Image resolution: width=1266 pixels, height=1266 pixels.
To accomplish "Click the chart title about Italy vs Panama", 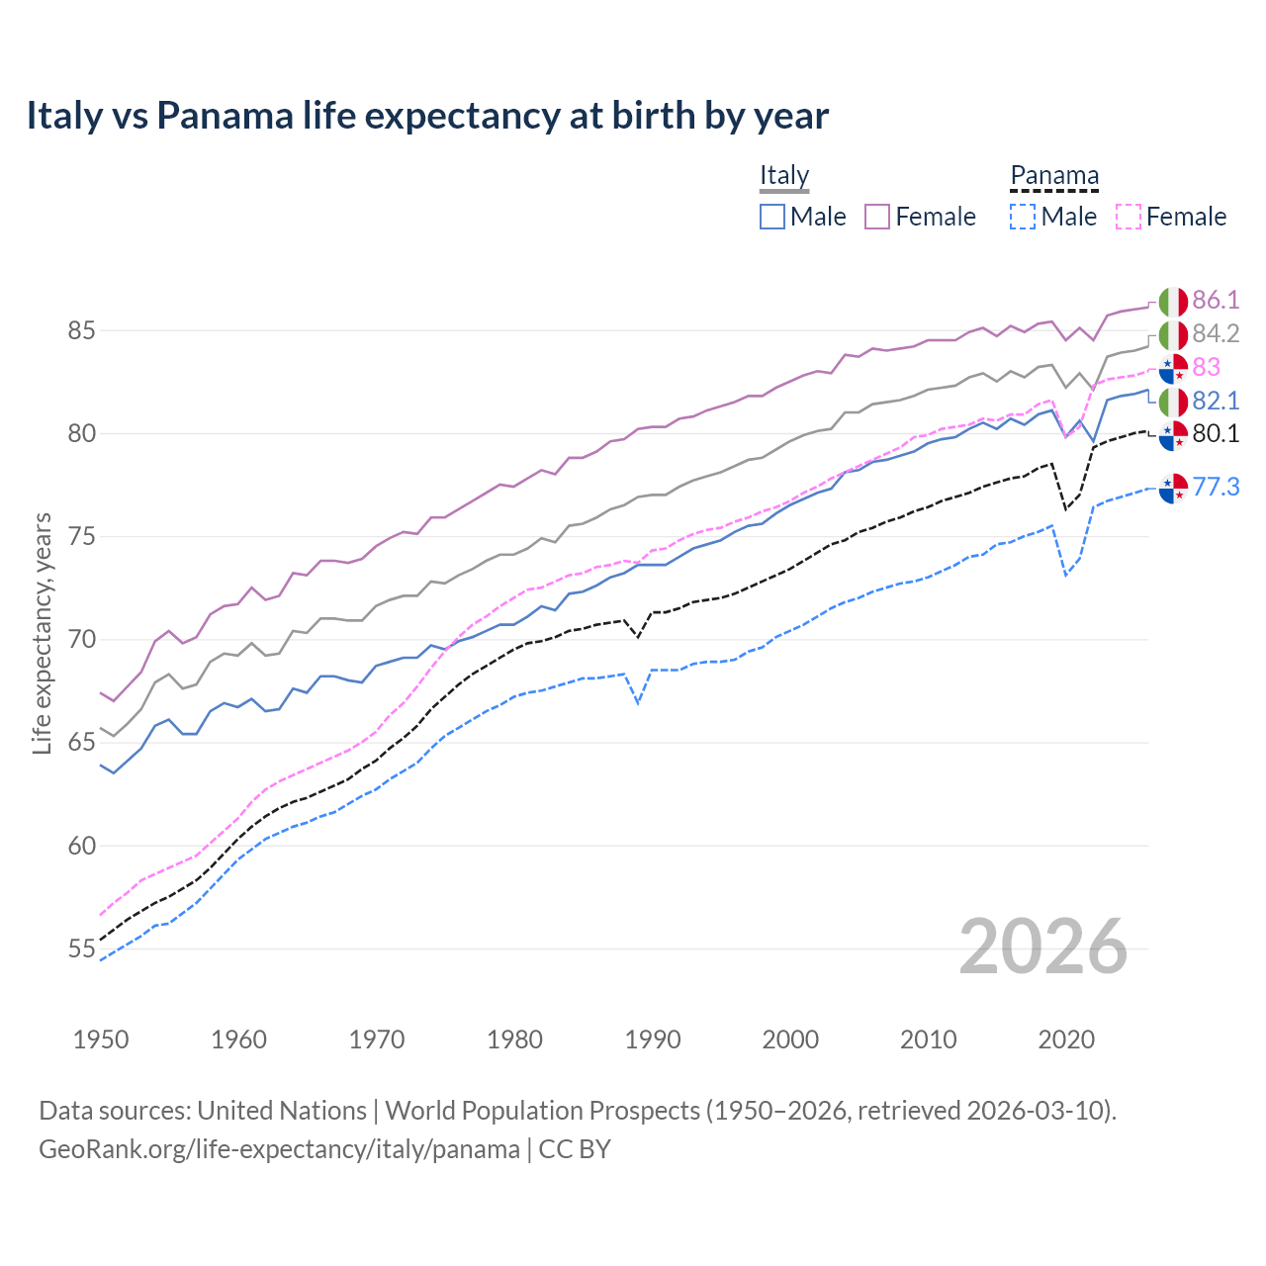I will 426,116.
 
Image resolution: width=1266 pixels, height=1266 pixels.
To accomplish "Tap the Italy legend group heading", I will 784,175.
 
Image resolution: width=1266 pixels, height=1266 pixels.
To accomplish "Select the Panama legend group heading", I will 1054,176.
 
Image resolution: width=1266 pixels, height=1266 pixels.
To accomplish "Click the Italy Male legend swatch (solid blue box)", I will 772,217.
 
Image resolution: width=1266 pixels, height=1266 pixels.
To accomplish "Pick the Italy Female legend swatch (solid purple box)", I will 877,217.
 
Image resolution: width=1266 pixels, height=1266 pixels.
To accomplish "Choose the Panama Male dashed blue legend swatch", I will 1023,217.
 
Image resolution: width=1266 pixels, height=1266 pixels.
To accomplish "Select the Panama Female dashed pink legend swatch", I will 1129,217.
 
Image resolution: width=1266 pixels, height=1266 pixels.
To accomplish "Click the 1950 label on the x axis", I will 101,1040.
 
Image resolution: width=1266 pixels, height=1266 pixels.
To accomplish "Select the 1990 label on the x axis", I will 653,1040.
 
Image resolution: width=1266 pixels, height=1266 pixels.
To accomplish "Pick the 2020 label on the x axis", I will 1066,1040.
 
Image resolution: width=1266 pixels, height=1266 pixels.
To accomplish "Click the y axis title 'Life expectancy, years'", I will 42,633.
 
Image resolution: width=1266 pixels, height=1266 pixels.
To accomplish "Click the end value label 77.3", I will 1216,487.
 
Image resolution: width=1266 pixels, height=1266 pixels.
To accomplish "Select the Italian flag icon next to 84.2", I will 1173,334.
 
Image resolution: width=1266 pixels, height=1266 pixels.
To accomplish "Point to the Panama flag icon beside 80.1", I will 1173,434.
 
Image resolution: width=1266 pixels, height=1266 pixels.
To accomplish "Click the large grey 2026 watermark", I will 1043,947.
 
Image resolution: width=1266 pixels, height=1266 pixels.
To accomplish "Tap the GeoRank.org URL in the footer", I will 279,1149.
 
